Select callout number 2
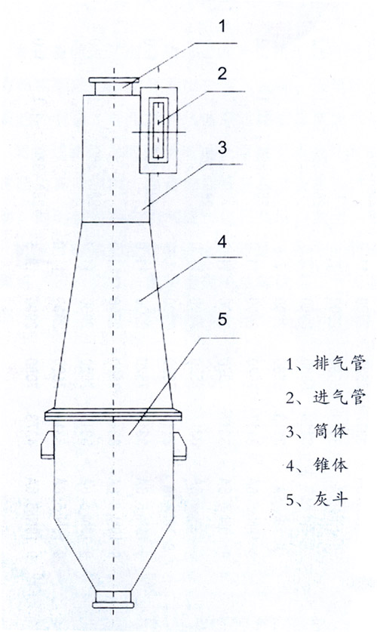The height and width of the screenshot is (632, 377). click(222, 74)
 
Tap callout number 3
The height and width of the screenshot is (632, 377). click(222, 147)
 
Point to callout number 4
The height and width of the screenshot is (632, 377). click(222, 242)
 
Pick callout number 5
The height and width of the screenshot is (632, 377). click(222, 319)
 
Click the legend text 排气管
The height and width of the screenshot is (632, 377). click(339, 363)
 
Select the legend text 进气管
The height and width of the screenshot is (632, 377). click(339, 397)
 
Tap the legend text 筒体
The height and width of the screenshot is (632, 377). click(330, 432)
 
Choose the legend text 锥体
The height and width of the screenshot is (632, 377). click(330, 466)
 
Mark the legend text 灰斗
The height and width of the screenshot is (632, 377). click(330, 500)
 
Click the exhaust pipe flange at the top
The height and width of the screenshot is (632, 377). click(113, 80)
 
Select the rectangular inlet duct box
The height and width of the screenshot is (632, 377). click(158, 130)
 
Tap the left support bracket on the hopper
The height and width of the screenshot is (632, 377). click(48, 445)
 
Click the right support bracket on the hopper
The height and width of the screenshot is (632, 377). click(180, 445)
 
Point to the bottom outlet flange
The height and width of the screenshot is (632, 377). click(113, 605)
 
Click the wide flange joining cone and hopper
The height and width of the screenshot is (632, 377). click(113, 415)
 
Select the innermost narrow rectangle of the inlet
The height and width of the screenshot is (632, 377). click(158, 130)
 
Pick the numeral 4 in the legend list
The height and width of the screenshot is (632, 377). click(290, 467)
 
